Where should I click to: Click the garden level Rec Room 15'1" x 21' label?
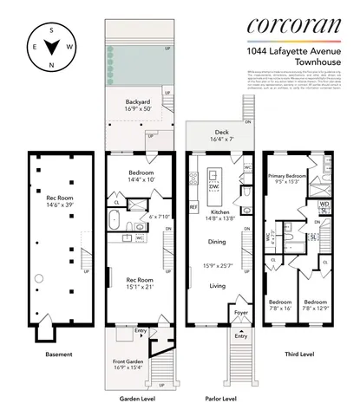click(x=134, y=282)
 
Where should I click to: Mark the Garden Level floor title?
click(x=134, y=400)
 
